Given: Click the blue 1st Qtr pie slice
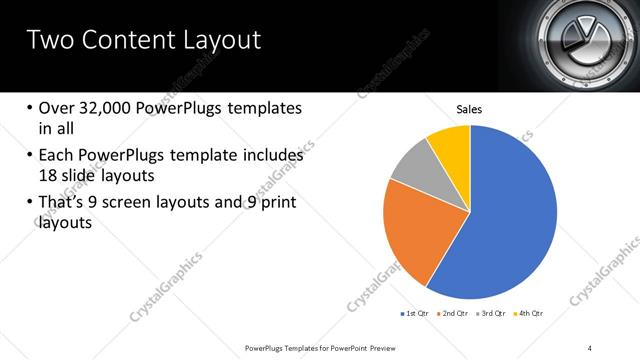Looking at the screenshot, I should tap(510, 220).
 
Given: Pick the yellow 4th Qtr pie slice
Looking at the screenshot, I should tap(451, 145).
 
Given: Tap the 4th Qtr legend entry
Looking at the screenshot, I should tap(529, 314).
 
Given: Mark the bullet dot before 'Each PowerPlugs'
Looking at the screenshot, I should tap(30, 156).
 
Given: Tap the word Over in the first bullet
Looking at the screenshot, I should tap(58, 108).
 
